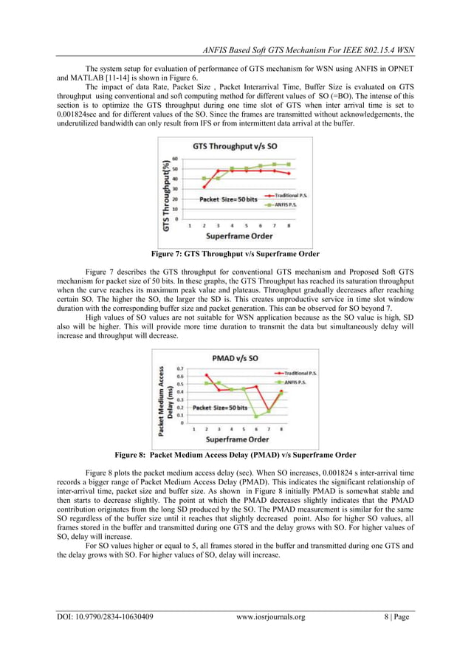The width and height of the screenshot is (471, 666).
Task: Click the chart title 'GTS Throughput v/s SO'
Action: [x=235, y=146]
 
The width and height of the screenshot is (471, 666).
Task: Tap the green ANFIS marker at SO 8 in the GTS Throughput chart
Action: [x=288, y=164]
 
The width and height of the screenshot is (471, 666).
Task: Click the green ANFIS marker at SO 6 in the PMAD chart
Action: [x=256, y=416]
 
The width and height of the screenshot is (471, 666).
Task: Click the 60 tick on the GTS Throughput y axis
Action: [x=175, y=157]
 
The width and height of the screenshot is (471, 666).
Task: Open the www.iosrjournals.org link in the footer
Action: [x=271, y=617]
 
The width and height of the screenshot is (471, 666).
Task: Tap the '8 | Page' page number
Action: [x=397, y=617]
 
